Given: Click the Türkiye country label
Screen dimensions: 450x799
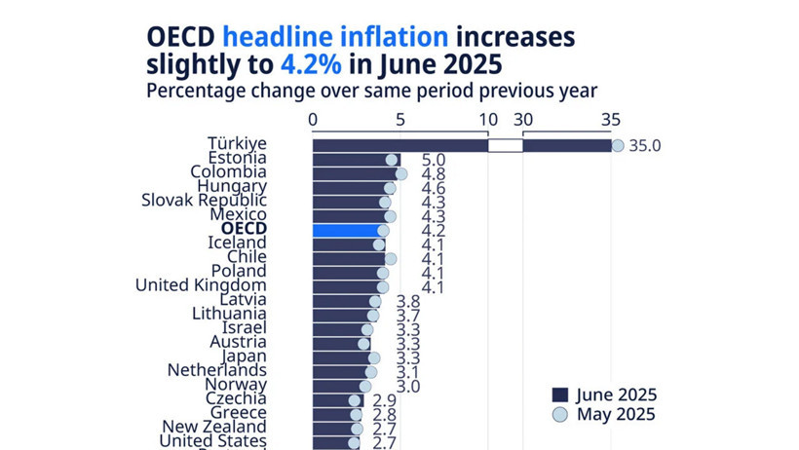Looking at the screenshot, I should point(237,144).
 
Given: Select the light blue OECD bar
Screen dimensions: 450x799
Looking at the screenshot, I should point(346,230).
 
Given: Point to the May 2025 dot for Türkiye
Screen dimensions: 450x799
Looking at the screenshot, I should point(618,145).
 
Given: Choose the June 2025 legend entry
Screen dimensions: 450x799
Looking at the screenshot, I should point(604,394).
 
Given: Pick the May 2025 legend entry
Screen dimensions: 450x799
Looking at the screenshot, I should point(604,414).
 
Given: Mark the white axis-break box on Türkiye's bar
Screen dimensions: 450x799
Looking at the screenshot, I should point(505,145).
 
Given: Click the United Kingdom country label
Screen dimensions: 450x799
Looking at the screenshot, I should point(200,285).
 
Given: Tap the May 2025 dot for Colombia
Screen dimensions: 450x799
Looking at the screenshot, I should point(400,173).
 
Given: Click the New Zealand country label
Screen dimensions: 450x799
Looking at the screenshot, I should point(213,427).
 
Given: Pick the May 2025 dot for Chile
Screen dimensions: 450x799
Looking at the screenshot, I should point(391,258).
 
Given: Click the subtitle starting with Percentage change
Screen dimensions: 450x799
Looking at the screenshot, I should point(370,91).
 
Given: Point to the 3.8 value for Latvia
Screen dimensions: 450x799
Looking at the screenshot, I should point(407,301).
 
